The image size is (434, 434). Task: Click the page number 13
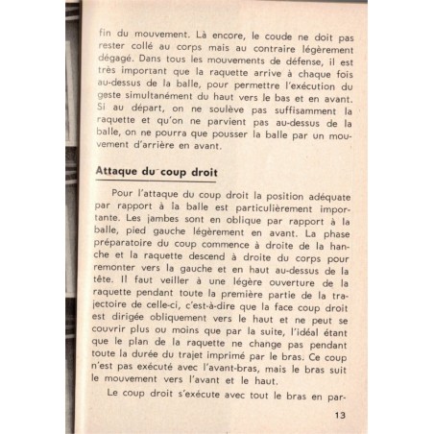(340, 415)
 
